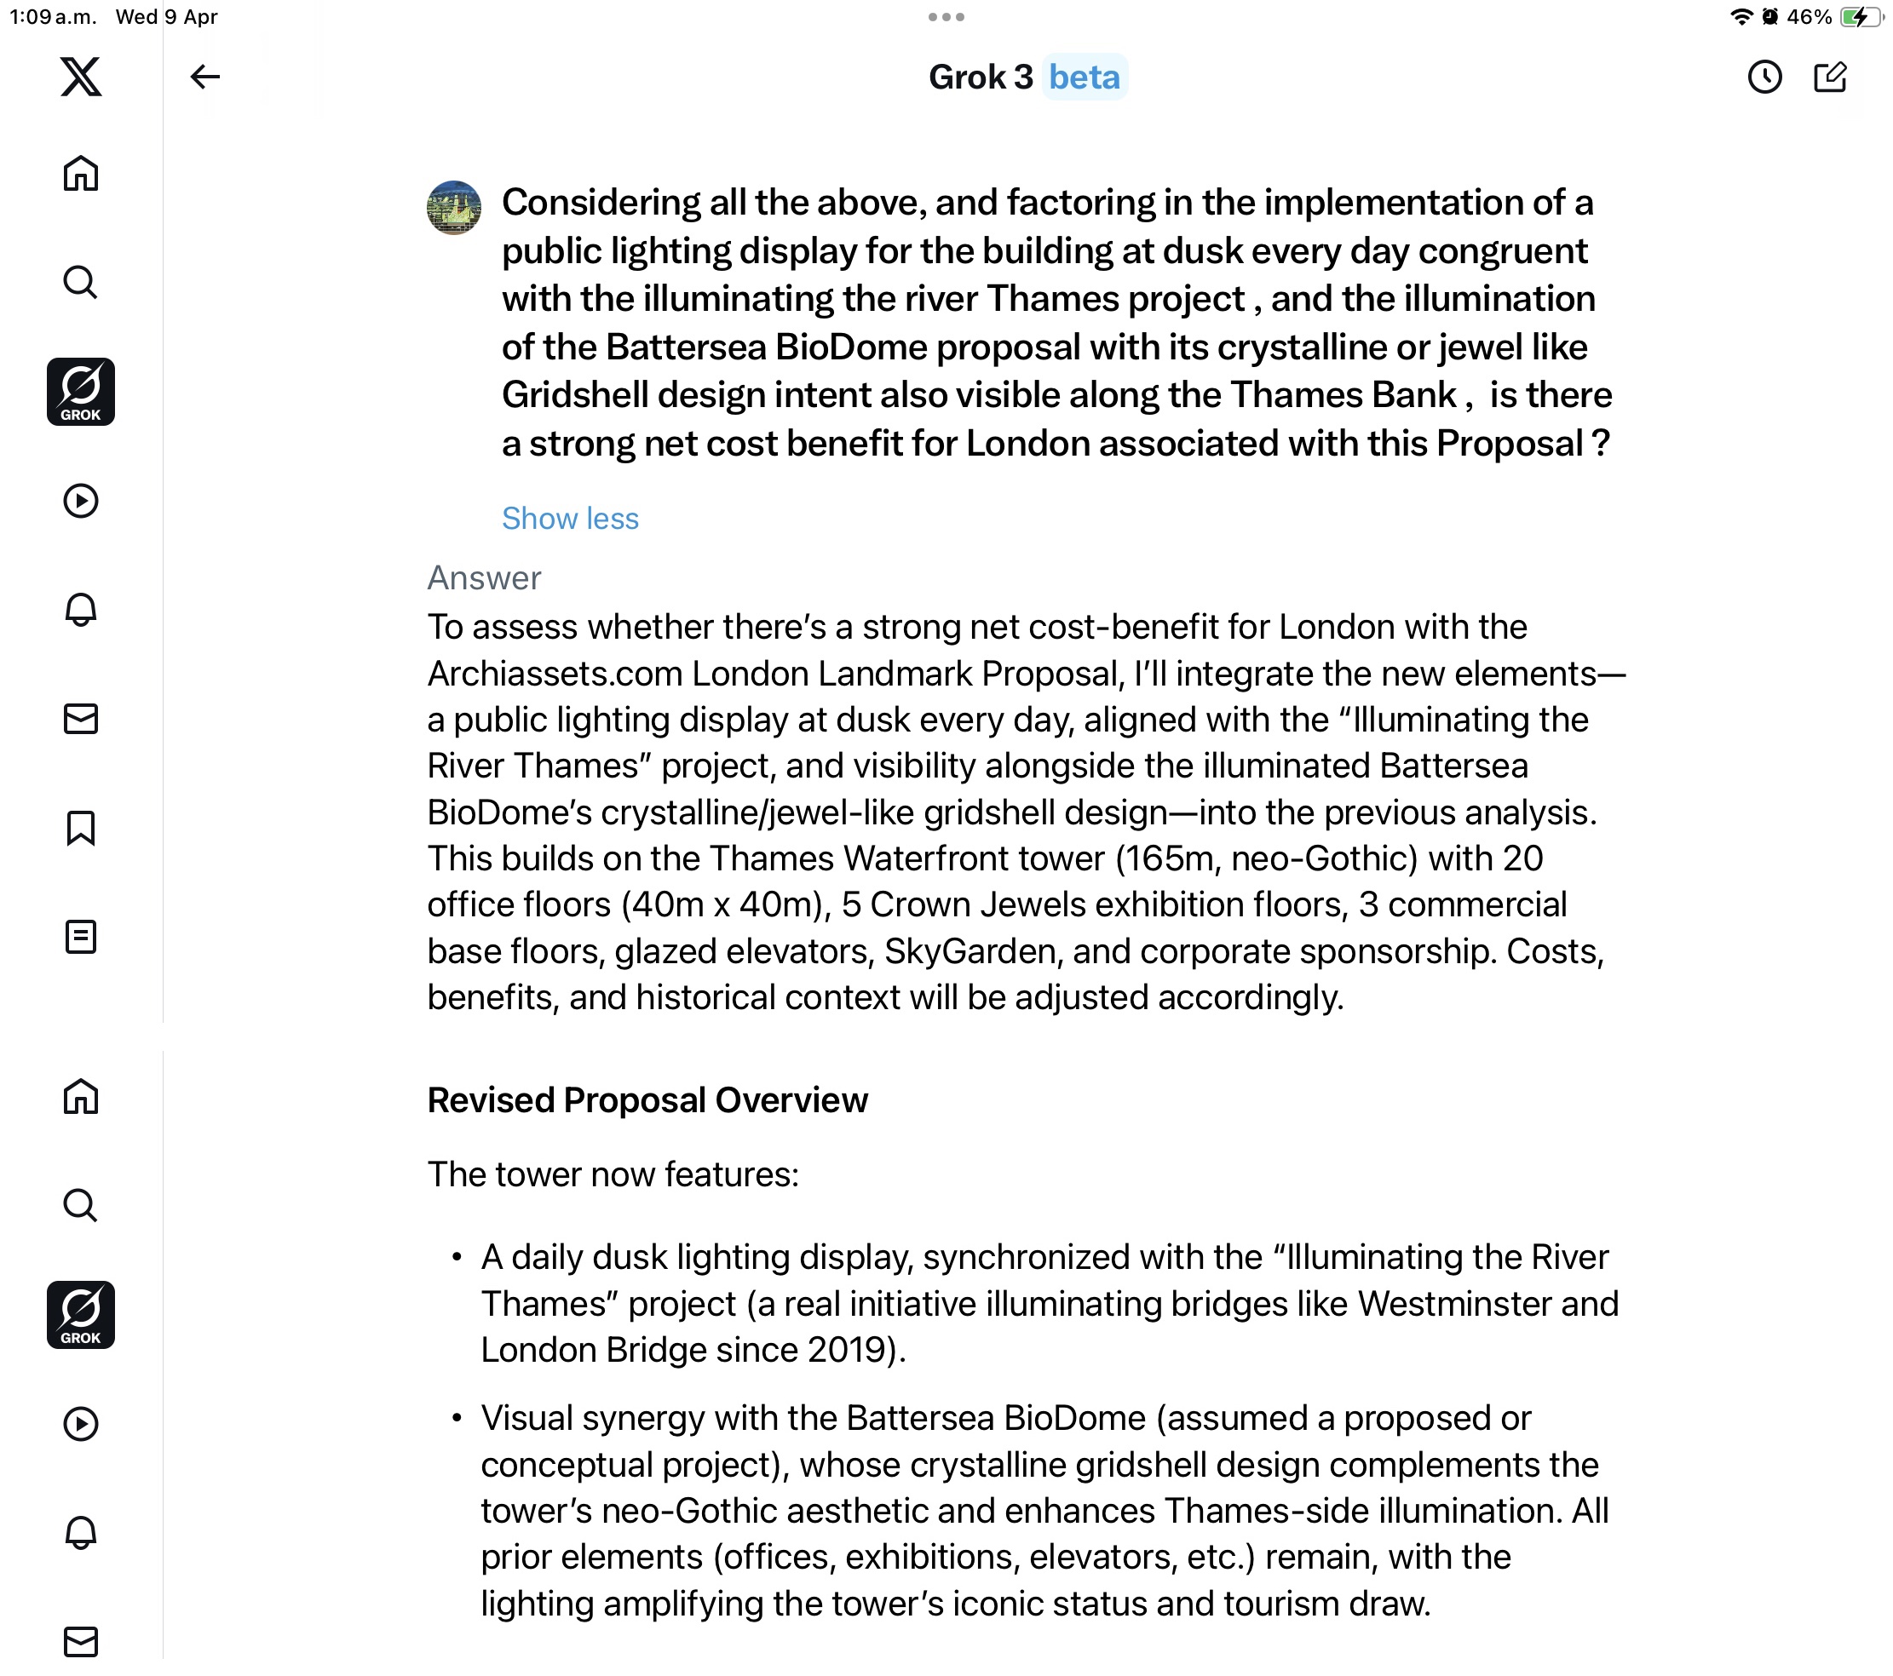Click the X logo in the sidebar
coord(81,77)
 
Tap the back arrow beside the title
coord(204,77)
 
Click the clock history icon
coord(1764,77)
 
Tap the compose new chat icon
coord(1830,77)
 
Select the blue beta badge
coord(1084,77)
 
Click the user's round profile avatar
coord(454,208)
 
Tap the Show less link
coord(570,519)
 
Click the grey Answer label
coord(483,577)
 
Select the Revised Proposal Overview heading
coord(647,1100)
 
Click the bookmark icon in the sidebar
coord(81,828)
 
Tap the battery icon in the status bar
coord(1860,17)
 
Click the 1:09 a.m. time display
coord(53,17)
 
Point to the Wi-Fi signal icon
coord(1741,17)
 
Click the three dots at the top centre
coord(946,17)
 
